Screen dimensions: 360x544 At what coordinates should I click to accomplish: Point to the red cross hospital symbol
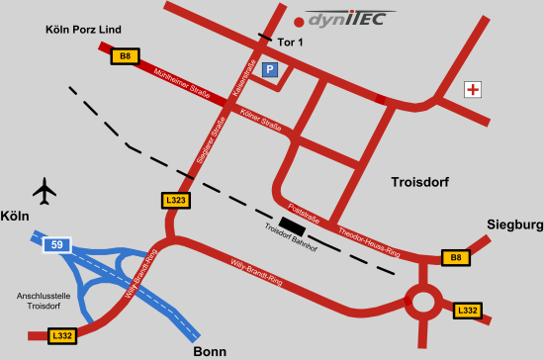coord(474,90)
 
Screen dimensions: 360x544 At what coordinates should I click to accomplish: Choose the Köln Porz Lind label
coord(84,31)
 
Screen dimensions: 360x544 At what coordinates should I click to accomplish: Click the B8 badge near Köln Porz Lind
coord(124,57)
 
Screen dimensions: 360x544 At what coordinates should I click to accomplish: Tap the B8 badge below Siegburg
coord(455,258)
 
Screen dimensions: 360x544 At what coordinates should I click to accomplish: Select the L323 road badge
coord(175,200)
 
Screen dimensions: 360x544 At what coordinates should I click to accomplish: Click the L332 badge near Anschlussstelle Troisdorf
coord(61,336)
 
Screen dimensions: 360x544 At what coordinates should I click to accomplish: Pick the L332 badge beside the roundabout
coord(467,311)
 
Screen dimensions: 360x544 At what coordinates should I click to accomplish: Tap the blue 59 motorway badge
coord(57,243)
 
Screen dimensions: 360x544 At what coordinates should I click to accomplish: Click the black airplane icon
coord(45,188)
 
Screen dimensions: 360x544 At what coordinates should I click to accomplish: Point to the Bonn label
coord(209,351)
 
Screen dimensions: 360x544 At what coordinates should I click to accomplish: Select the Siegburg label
coord(515,225)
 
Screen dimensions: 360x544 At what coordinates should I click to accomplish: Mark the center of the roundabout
coord(424,299)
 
